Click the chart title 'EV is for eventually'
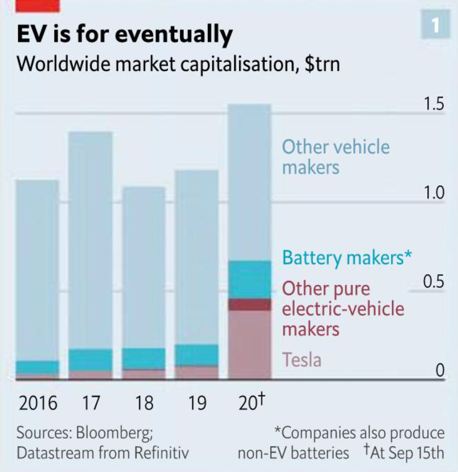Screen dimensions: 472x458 pyautogui.click(x=124, y=34)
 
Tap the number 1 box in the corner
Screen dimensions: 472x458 pyautogui.click(x=435, y=26)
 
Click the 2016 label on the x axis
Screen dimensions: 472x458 pyautogui.click(x=38, y=403)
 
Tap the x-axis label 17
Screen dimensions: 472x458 pyautogui.click(x=91, y=403)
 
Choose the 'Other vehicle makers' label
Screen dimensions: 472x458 pyautogui.click(x=336, y=157)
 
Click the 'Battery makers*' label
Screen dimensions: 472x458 pyautogui.click(x=346, y=258)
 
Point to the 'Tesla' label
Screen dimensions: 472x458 pyautogui.click(x=302, y=360)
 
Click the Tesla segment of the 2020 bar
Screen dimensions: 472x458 pyautogui.click(x=249, y=343)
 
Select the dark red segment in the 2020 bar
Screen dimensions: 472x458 pyautogui.click(x=249, y=305)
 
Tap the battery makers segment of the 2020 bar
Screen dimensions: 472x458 pyautogui.click(x=249, y=279)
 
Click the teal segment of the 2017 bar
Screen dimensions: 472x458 pyautogui.click(x=91, y=359)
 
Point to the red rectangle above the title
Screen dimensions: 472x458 pyautogui.click(x=37, y=6)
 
